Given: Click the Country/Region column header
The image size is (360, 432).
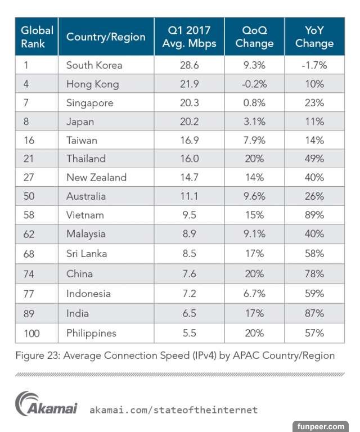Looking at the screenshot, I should [x=106, y=37].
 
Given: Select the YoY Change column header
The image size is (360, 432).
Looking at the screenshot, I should [x=314, y=37].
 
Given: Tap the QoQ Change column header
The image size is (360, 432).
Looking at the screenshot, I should [x=254, y=37].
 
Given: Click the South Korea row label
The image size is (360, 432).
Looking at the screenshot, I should [x=94, y=65].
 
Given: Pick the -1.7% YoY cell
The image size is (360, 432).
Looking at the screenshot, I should [x=314, y=65].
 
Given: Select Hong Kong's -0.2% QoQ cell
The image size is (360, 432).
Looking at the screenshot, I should [x=254, y=84].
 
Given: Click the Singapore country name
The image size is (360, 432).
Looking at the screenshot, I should [x=89, y=103].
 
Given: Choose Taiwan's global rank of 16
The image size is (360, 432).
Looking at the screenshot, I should [x=29, y=141].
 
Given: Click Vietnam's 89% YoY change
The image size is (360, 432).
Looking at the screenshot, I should [x=314, y=215].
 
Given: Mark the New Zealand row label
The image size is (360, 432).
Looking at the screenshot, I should [x=96, y=178].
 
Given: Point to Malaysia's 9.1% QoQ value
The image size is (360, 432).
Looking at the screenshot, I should [x=254, y=234].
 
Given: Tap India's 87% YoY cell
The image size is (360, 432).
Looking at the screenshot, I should [x=314, y=313].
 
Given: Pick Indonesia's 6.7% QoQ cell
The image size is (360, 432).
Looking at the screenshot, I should [x=254, y=294].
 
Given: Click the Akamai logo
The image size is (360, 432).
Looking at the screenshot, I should [x=46, y=405].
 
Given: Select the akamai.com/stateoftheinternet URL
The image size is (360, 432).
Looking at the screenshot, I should [x=173, y=410].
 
